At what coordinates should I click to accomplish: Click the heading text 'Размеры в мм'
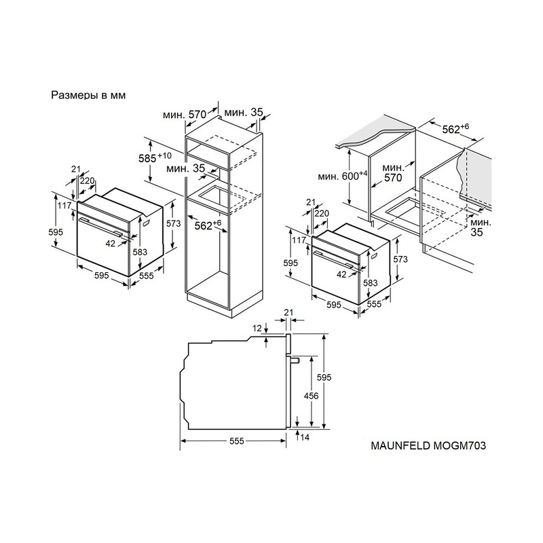(88, 95)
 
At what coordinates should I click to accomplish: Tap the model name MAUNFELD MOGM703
(428, 445)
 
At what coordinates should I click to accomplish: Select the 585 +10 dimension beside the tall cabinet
(155, 157)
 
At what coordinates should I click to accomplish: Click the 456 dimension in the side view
(311, 396)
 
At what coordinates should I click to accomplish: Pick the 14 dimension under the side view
(305, 437)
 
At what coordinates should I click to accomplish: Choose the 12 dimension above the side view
(257, 328)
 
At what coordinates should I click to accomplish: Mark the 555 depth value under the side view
(236, 441)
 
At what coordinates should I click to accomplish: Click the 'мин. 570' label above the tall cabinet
(185, 114)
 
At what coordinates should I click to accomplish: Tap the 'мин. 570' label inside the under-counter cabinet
(393, 173)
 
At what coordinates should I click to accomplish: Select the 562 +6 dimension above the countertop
(455, 128)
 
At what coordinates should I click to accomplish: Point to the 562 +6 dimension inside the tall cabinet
(208, 225)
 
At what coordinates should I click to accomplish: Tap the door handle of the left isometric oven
(100, 226)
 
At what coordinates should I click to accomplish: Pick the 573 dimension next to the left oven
(173, 224)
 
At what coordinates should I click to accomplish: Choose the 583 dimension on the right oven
(370, 282)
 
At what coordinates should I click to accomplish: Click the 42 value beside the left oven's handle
(110, 244)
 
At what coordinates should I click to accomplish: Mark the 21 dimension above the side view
(288, 312)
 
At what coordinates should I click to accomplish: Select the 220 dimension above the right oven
(322, 213)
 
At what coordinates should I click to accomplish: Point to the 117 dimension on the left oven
(64, 206)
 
